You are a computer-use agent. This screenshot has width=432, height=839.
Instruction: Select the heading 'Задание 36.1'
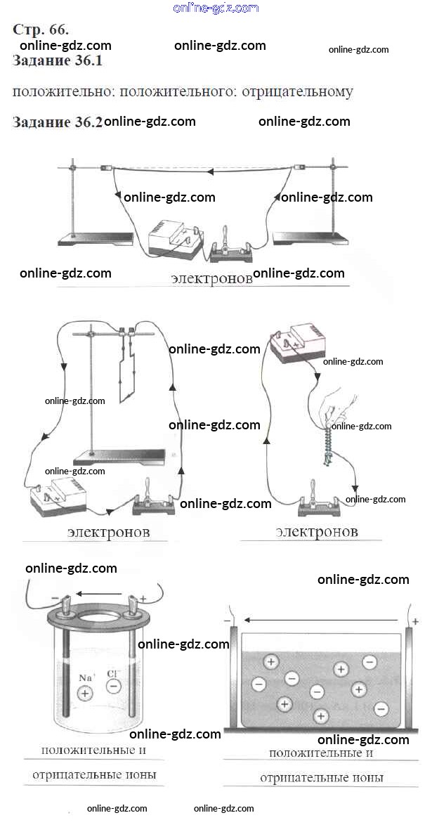pyautogui.click(x=58, y=61)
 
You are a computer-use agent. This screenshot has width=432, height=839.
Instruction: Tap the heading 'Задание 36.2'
pyautogui.click(x=58, y=122)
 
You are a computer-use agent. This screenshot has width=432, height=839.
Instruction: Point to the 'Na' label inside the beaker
pyautogui.click(x=86, y=678)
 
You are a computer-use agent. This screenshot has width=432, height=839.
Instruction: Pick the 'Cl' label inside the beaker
pyautogui.click(x=113, y=674)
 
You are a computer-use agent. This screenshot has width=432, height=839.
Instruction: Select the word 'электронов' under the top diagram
pyautogui.click(x=211, y=278)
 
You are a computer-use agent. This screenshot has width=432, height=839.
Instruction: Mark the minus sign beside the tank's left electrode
pyautogui.click(x=226, y=621)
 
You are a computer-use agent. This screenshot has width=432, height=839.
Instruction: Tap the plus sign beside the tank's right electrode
pyautogui.click(x=415, y=621)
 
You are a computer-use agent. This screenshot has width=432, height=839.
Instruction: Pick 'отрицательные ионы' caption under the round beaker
pyautogui.click(x=93, y=776)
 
